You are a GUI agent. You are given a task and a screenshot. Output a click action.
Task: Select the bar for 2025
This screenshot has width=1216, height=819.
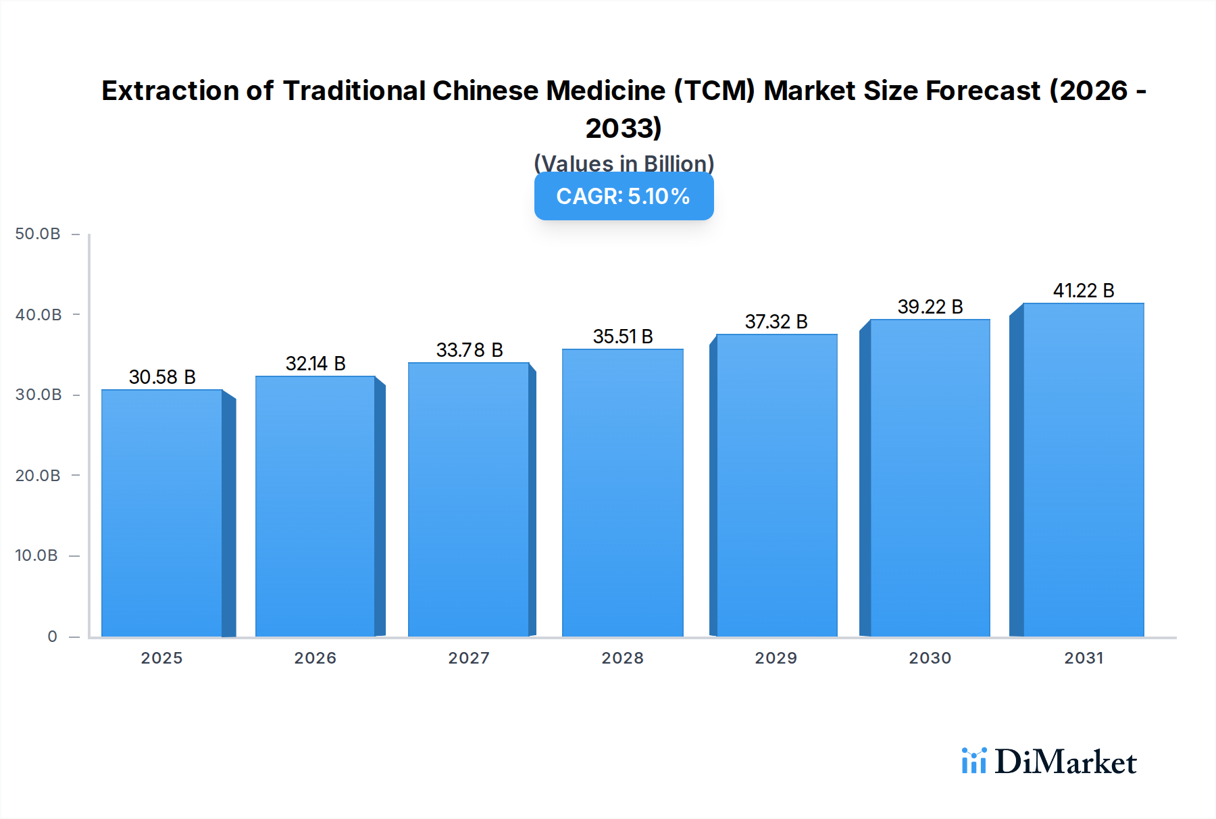162,514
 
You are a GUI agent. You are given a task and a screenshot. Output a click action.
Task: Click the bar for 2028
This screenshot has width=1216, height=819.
622,493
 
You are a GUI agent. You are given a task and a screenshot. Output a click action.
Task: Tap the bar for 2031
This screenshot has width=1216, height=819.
1084,470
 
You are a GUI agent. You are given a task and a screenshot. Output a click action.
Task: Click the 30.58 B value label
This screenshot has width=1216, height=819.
162,377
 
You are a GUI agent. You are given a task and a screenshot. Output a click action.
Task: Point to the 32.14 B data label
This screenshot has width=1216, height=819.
315,364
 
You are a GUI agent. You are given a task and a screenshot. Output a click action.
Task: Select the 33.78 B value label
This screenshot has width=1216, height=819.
470,350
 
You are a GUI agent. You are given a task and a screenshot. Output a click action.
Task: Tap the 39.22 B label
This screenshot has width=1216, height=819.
930,307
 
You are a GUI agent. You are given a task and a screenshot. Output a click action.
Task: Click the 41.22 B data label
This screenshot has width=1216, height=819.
1084,291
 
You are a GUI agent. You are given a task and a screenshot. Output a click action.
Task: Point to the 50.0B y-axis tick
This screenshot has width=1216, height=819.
38,234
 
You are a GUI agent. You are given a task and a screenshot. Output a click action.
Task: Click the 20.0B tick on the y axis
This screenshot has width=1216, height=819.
38,476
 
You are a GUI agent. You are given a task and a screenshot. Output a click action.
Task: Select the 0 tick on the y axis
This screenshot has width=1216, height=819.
52,637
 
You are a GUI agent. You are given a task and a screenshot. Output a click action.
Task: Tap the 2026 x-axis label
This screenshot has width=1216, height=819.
315,658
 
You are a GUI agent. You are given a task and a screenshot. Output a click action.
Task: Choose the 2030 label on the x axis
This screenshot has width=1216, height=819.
930,658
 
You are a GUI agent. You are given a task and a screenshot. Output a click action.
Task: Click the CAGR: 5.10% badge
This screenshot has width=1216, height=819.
624,197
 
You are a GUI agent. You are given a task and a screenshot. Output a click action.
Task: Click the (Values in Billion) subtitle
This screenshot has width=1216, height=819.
624,164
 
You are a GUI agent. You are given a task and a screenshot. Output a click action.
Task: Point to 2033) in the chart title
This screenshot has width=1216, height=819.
624,128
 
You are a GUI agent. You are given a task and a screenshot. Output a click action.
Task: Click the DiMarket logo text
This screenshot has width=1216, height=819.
1065,762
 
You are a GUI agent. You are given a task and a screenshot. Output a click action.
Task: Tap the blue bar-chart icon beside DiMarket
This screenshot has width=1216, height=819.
973,761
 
